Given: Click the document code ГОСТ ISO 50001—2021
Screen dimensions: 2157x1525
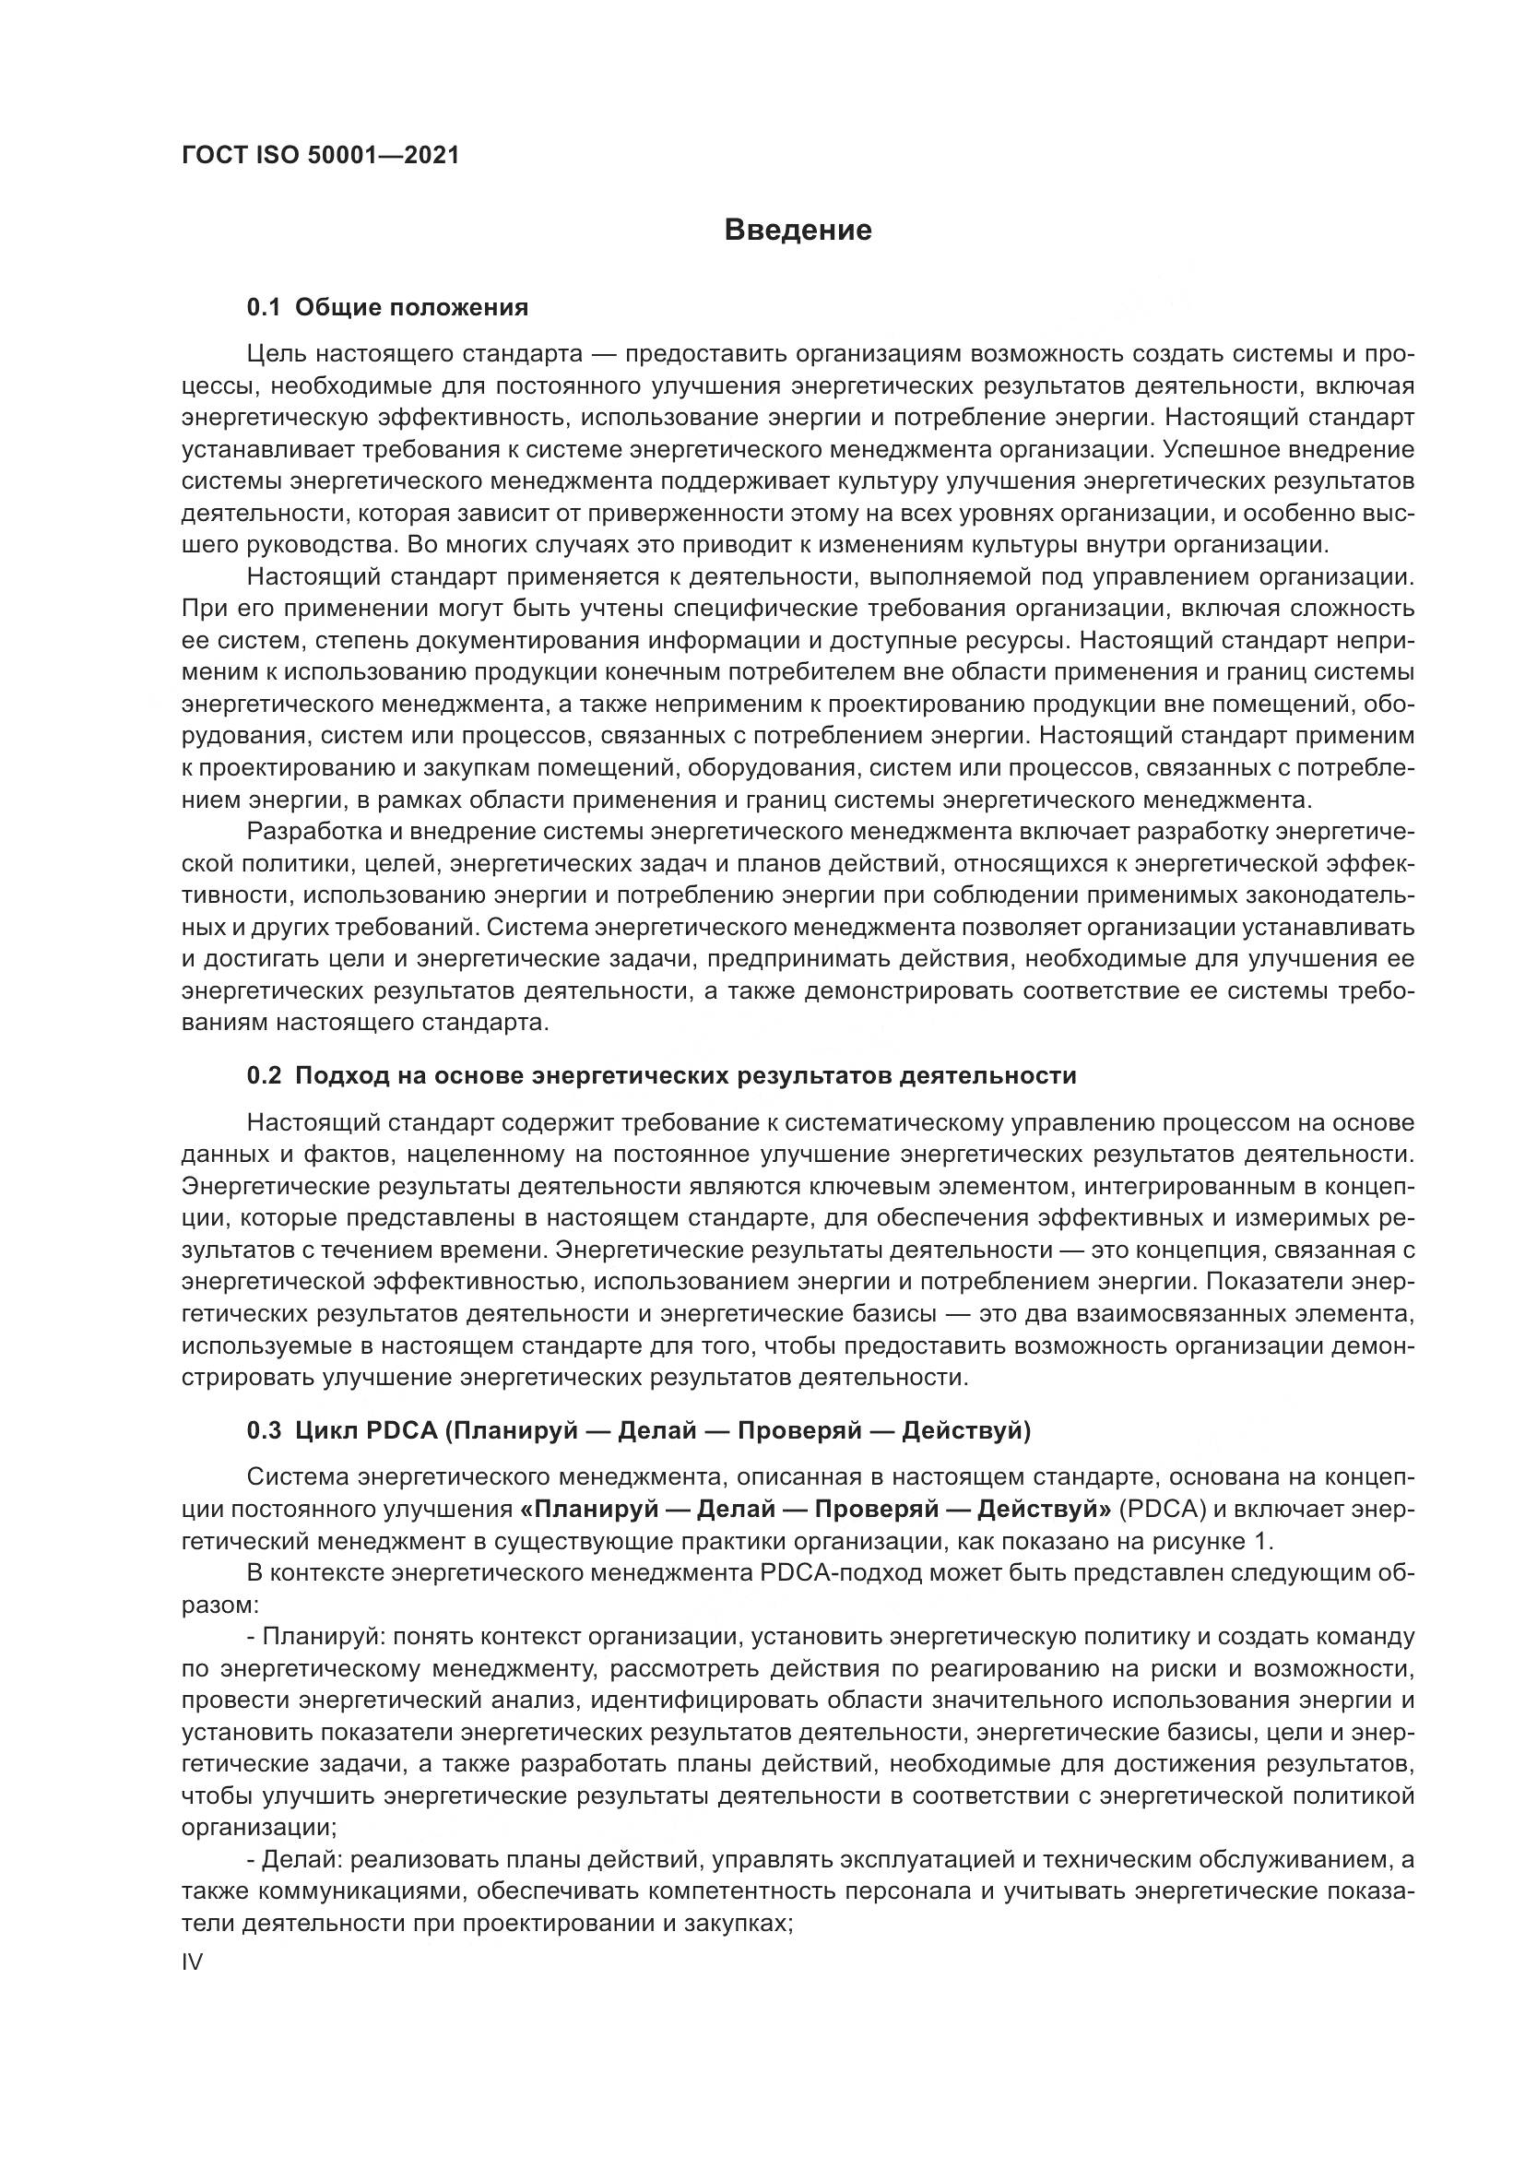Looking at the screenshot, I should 320,155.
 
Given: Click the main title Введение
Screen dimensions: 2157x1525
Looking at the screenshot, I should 798,231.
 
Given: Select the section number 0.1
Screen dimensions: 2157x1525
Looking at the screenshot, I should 264,307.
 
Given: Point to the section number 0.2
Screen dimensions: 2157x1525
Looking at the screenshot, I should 264,1075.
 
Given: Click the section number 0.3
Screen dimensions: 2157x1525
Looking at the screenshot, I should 264,1431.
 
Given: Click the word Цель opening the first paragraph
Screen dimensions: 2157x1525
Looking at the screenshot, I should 275,354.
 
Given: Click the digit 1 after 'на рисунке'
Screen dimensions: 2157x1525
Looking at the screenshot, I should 1267,1542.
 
